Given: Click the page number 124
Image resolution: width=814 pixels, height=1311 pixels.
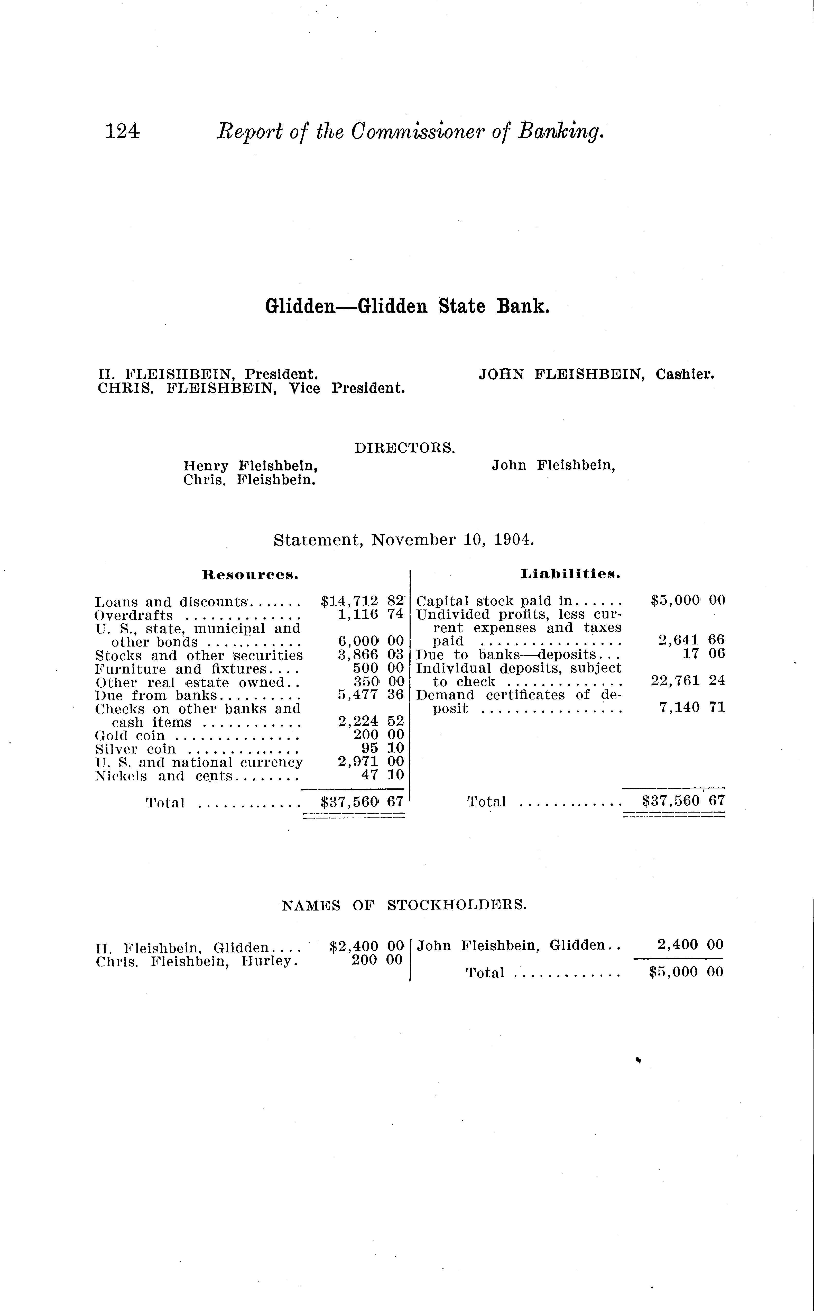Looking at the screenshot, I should (x=122, y=131).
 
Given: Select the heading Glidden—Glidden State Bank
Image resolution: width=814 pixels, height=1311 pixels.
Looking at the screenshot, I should (x=407, y=306).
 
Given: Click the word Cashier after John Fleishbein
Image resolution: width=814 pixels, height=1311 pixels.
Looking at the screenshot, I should (x=685, y=374).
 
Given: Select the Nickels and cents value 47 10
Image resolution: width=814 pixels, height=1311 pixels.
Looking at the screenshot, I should (x=382, y=776).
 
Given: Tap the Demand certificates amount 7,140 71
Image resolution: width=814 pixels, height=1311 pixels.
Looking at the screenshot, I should (x=692, y=707).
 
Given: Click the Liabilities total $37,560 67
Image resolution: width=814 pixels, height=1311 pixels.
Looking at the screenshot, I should (x=684, y=801).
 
